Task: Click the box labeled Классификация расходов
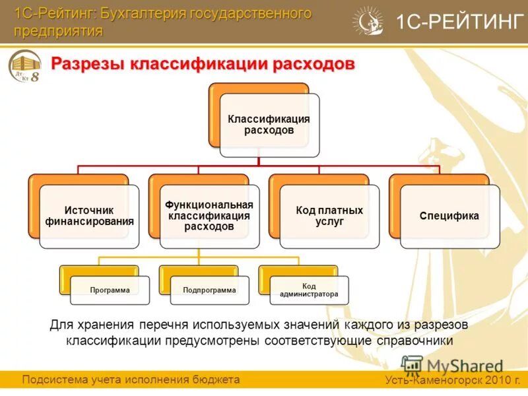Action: (x=269, y=125)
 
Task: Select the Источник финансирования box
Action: (x=89, y=216)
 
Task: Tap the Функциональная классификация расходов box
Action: (x=209, y=216)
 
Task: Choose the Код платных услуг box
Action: (x=329, y=216)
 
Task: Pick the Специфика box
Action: (x=449, y=216)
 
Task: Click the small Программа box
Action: (x=110, y=290)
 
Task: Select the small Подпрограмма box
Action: (x=209, y=290)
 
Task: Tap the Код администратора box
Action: (x=309, y=290)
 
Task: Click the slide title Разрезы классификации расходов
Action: (x=203, y=65)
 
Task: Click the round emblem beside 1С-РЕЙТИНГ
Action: (x=368, y=21)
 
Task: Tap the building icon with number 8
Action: (x=26, y=69)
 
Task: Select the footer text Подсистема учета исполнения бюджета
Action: (x=131, y=379)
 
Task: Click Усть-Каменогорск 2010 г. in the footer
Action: (x=453, y=380)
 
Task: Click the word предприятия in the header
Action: (x=59, y=31)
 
